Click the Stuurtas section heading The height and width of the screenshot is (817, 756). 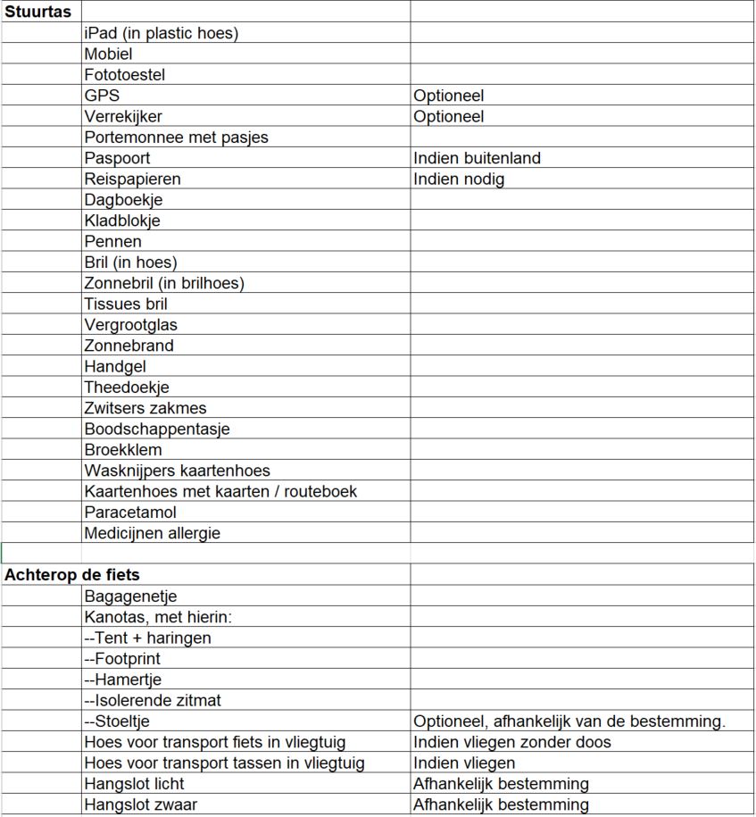pyautogui.click(x=37, y=12)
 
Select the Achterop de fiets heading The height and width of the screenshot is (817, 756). pyautogui.click(x=71, y=575)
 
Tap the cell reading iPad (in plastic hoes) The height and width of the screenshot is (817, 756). pyautogui.click(x=162, y=33)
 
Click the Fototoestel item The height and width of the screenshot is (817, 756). pyautogui.click(x=125, y=75)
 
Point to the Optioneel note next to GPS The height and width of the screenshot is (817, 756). pyautogui.click(x=449, y=96)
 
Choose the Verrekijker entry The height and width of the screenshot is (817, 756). pyautogui.click(x=123, y=116)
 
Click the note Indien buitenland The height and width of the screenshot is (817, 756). pyautogui.click(x=478, y=158)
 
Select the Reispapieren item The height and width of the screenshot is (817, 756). pyautogui.click(x=132, y=179)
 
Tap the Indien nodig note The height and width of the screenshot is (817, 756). pyautogui.click(x=459, y=179)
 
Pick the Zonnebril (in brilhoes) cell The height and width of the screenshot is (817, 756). pyautogui.click(x=164, y=283)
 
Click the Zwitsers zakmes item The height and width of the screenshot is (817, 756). pyautogui.click(x=145, y=408)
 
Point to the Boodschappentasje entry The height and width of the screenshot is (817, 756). pyautogui.click(x=157, y=429)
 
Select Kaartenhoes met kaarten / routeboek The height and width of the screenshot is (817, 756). pyautogui.click(x=220, y=491)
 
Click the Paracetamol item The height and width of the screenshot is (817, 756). pyautogui.click(x=130, y=513)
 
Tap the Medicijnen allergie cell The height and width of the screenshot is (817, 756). pyautogui.click(x=152, y=533)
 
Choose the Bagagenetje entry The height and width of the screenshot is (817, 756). pyautogui.click(x=131, y=596)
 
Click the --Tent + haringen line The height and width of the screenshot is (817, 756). pyautogui.click(x=148, y=638)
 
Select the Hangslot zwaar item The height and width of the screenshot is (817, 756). pyautogui.click(x=140, y=804)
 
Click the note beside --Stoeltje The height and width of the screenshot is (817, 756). pyautogui.click(x=569, y=721)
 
